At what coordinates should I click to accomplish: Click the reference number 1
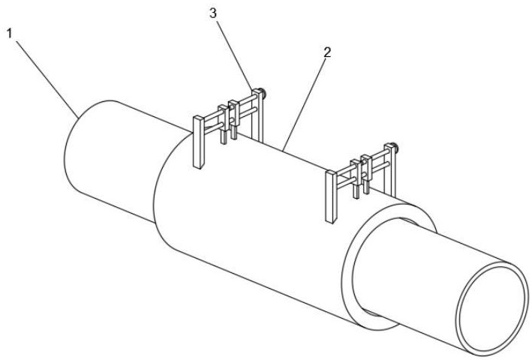(10, 34)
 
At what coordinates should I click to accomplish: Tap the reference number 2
(327, 52)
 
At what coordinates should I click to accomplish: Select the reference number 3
(213, 13)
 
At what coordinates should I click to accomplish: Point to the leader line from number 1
(47, 79)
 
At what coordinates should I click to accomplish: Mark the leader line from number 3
(234, 55)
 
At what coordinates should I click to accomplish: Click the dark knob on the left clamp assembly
(263, 92)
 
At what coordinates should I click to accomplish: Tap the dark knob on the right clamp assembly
(395, 147)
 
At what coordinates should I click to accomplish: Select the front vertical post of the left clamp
(199, 142)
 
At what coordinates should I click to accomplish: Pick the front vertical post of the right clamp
(331, 196)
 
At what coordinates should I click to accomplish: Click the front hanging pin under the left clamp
(224, 138)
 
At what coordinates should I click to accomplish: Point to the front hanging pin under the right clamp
(356, 192)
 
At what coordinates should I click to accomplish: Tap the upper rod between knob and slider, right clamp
(380, 154)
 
